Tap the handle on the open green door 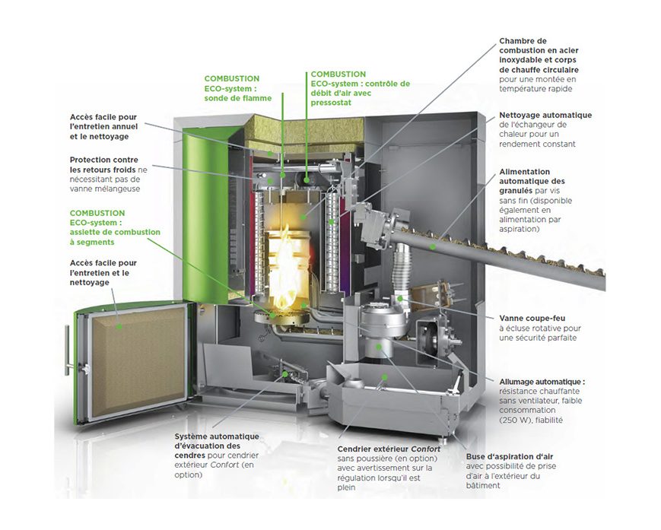point(71,354)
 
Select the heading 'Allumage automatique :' point(541,381)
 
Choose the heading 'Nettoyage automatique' point(545,116)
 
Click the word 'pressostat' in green point(331,103)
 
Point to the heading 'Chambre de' point(523,41)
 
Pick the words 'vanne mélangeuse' point(104,189)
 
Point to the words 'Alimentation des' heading point(524,172)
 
